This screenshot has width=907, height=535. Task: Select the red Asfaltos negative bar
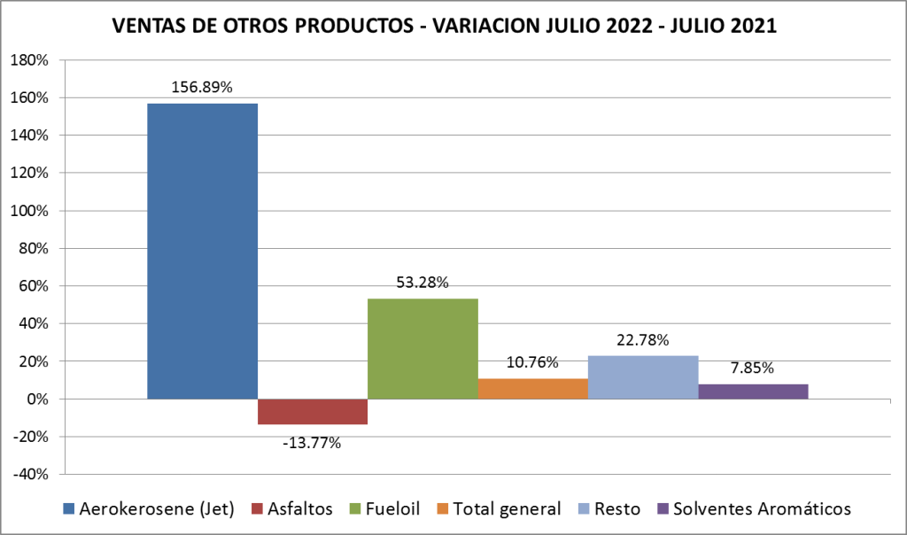(313, 412)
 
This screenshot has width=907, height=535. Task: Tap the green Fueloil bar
(422, 348)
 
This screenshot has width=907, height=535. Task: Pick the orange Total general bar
(532, 389)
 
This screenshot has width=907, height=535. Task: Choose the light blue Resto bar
(643, 377)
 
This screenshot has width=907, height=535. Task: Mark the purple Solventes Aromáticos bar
(753, 392)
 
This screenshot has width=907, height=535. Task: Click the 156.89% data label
(203, 88)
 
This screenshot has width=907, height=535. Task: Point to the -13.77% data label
(312, 442)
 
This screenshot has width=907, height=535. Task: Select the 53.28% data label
(422, 283)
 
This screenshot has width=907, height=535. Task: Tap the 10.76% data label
(532, 362)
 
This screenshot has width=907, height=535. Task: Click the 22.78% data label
(643, 340)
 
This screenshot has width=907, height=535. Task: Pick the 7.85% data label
(753, 368)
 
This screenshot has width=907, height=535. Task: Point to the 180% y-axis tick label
(32, 60)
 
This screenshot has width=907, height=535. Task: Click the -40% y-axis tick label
(32, 474)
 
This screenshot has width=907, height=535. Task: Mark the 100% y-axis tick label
(32, 211)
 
